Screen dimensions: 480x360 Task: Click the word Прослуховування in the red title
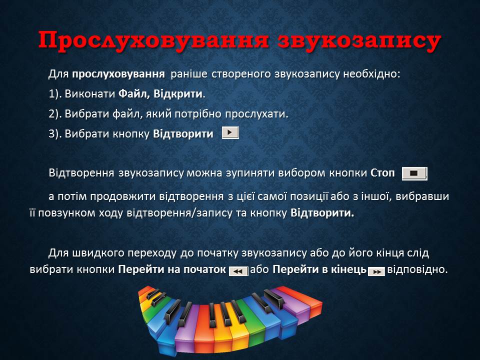(x=153, y=40)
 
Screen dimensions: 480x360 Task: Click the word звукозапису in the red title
(x=359, y=41)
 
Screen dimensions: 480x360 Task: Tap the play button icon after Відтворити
(x=230, y=133)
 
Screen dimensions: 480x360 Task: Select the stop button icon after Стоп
(x=414, y=173)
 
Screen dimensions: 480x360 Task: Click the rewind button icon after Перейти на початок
(x=238, y=271)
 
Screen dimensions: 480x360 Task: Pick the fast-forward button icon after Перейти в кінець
(x=376, y=271)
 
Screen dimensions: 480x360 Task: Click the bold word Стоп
(x=382, y=173)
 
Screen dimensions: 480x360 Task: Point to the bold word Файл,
(x=134, y=93)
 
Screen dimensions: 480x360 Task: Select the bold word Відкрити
(x=178, y=93)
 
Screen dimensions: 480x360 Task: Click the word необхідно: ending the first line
(x=371, y=74)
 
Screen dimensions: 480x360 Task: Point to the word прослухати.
(x=256, y=114)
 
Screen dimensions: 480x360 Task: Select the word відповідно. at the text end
(x=417, y=269)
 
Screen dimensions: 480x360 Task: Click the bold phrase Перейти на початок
(x=171, y=269)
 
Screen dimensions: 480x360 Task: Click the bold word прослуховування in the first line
(x=118, y=74)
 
